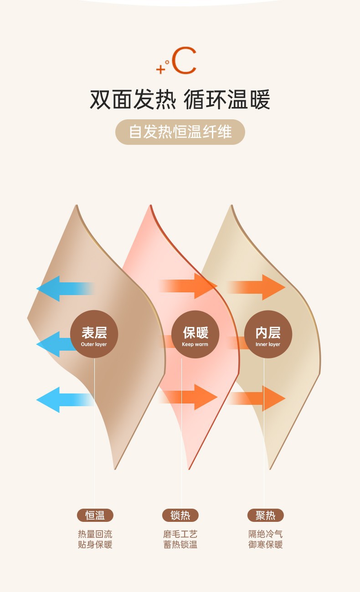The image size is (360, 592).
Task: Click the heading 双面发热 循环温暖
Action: click(180, 99)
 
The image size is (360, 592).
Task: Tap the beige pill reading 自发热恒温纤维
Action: click(180, 132)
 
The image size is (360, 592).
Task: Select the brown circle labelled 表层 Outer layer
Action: click(94, 334)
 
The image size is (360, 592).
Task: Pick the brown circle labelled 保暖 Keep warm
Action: click(195, 334)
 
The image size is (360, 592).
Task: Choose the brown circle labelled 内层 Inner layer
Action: click(268, 334)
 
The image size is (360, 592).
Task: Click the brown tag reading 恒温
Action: click(95, 515)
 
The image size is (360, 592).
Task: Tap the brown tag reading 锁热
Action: click(180, 515)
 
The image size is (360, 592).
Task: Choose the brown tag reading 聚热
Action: click(266, 515)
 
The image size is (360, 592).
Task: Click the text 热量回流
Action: click(95, 534)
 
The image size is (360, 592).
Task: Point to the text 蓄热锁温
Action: click(180, 545)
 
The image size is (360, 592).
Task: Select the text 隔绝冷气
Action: click(266, 534)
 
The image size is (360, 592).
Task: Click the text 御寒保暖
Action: click(266, 545)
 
